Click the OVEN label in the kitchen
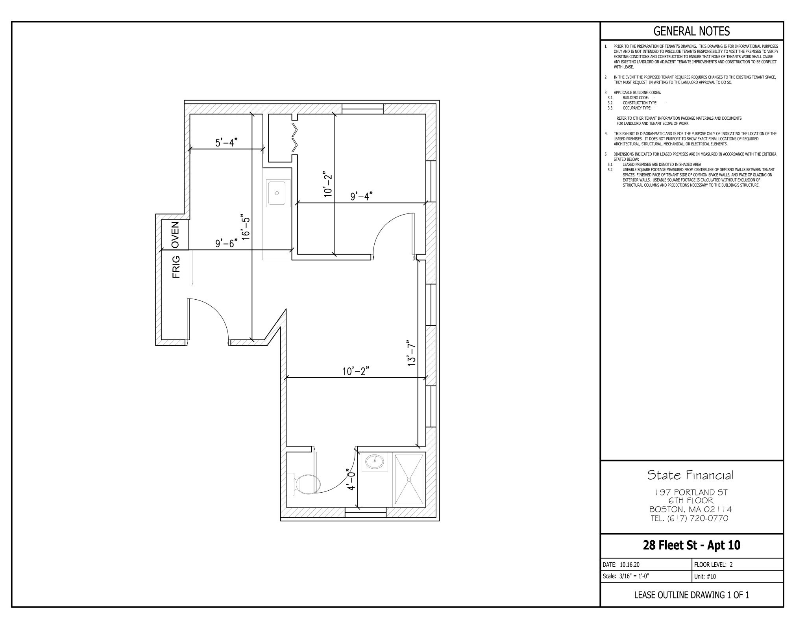pos(175,234)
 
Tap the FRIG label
pos(176,267)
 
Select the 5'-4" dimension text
pos(227,143)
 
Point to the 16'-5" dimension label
pos(246,227)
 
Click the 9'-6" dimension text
pos(227,243)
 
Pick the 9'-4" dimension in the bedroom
pos(361,196)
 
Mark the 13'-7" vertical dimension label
pos(411,353)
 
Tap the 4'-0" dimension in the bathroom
pos(351,479)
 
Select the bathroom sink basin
pos(374,461)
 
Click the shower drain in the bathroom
pos(409,480)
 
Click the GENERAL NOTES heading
pos(691,31)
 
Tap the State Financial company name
pos(691,475)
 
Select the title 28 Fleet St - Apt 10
pos(691,545)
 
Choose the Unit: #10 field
pos(705,577)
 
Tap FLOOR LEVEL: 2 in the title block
pos(713,564)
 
